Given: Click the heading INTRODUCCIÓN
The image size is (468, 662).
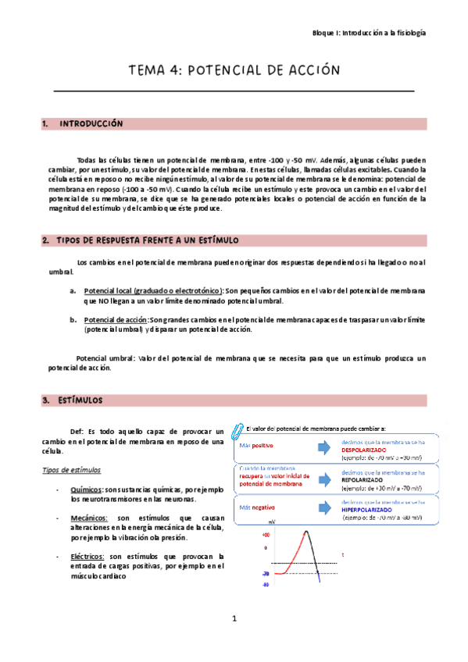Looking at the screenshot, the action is [x=91, y=123].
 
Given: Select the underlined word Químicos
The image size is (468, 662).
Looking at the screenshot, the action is [x=86, y=489].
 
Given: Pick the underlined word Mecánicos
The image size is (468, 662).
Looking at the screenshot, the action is [x=90, y=518].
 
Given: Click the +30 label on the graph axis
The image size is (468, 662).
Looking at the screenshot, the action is [x=266, y=536].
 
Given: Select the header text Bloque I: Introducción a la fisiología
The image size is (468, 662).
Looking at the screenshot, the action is [x=369, y=34].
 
